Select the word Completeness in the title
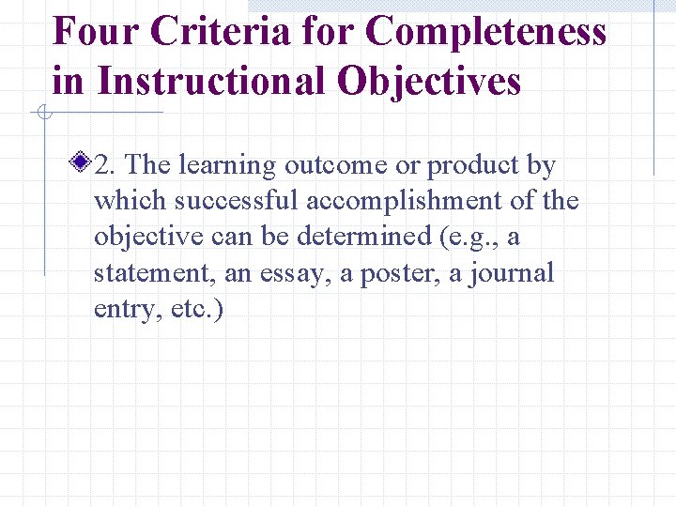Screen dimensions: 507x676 click(x=487, y=32)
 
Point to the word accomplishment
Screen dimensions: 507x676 click(x=410, y=202)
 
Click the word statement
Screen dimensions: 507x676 click(x=146, y=274)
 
